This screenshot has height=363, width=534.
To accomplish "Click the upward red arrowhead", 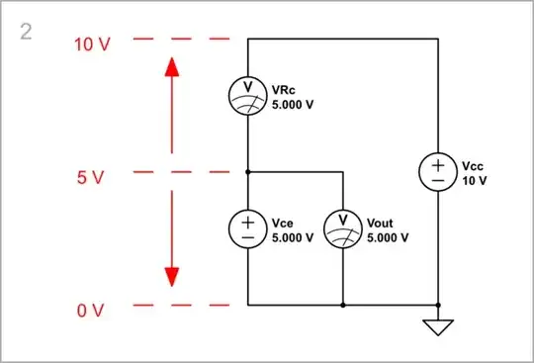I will [x=171, y=71].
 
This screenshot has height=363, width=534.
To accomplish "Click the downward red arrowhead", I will [x=171, y=275].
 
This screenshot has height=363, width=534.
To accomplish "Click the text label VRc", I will [x=282, y=87].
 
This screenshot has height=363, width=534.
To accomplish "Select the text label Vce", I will [x=282, y=224].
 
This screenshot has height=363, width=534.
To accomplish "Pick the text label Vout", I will [x=380, y=224].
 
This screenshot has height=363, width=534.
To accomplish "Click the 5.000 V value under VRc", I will [x=293, y=102].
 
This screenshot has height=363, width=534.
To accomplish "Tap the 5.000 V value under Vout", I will [x=389, y=238].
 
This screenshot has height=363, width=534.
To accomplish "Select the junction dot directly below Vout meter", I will [x=343, y=305].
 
